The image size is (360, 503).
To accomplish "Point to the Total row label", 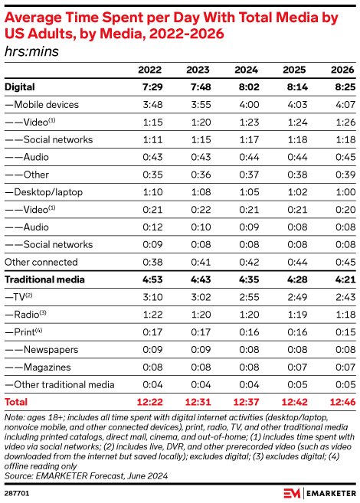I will pos(16,400).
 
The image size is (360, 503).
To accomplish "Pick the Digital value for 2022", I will pos(150,87).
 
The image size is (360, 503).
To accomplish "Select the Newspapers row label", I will pos(49,349).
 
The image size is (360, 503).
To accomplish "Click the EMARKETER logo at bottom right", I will pos(316,492).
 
